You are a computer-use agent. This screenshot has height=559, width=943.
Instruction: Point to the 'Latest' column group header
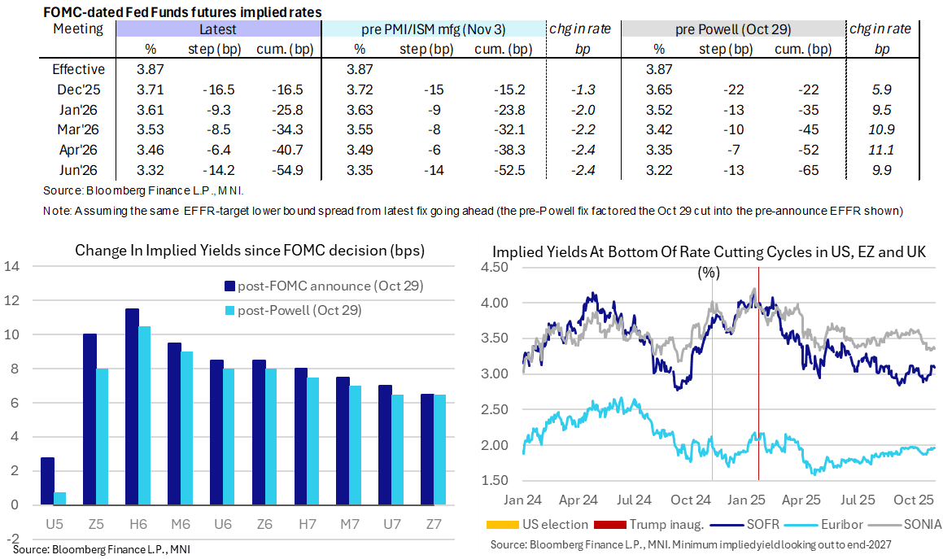point(217,29)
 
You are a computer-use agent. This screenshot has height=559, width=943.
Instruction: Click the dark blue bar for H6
point(132,407)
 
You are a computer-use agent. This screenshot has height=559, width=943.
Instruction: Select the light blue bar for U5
point(60,498)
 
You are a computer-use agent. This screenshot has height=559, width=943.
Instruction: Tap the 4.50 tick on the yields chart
point(497,269)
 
